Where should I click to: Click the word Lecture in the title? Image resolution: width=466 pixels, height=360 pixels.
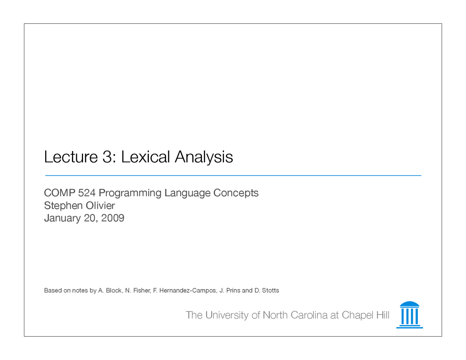coord(71,157)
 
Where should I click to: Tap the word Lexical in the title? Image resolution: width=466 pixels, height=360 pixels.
coord(145,157)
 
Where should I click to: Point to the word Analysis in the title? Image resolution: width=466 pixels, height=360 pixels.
coord(204,157)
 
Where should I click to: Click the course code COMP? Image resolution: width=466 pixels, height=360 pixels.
coord(59,193)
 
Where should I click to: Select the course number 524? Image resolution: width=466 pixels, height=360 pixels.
coord(87,193)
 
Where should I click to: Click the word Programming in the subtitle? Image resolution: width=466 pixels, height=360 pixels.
coord(130,193)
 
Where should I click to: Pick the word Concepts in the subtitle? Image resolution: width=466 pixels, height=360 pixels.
coord(236,193)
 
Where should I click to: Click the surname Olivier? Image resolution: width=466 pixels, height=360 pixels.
coord(100,206)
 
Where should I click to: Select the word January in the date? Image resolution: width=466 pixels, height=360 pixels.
coord(62,218)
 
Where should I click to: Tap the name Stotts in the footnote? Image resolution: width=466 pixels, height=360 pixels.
coord(270,290)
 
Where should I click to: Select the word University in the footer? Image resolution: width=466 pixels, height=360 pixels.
coord(227,315)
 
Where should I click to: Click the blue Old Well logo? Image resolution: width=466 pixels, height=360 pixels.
coord(410,315)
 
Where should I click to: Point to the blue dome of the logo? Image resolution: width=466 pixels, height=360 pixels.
coord(410,304)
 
